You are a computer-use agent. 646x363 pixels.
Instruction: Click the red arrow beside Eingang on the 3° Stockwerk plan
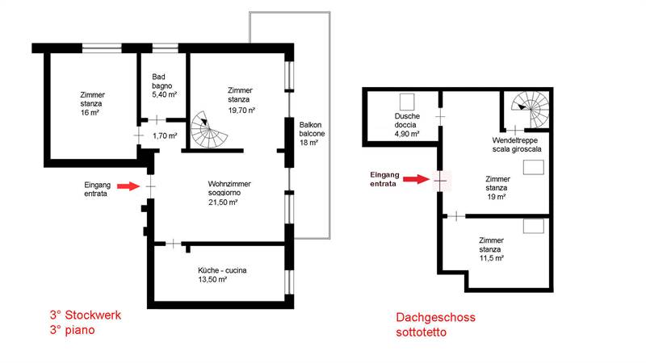[127, 186]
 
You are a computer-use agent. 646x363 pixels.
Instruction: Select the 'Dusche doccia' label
[407, 125]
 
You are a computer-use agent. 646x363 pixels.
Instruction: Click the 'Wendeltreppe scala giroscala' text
[517, 144]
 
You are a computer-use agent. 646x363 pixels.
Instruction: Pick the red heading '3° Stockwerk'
[84, 315]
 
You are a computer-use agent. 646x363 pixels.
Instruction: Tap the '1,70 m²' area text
[165, 136]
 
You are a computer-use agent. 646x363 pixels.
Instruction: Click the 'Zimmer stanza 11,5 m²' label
[491, 249]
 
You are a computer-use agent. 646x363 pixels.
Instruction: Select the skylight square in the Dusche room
[408, 102]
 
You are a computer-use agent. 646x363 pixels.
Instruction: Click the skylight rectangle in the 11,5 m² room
[533, 227]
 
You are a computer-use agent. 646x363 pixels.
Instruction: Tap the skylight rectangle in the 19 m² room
[534, 168]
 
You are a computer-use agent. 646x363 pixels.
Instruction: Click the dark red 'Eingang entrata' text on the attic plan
[384, 179]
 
